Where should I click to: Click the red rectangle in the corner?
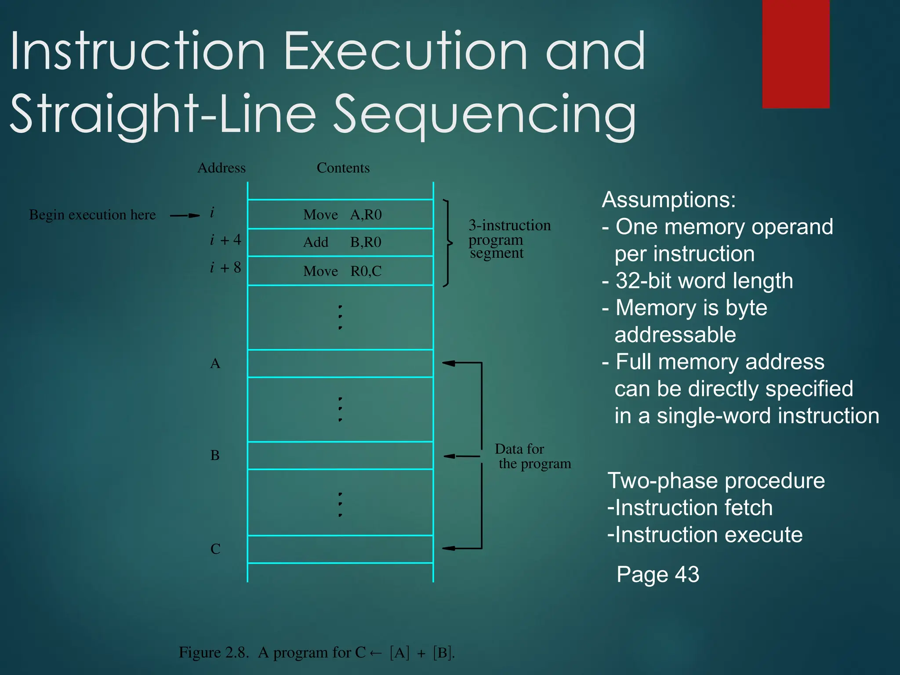click(795, 54)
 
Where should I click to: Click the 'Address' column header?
click(221, 168)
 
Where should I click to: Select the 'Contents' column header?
click(343, 168)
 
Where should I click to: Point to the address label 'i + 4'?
click(225, 240)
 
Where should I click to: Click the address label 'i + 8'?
click(225, 268)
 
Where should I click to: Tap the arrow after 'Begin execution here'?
click(185, 215)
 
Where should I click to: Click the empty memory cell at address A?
click(341, 363)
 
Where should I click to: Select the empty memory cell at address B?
click(341, 455)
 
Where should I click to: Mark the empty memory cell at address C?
click(341, 549)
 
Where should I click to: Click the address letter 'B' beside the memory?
click(215, 455)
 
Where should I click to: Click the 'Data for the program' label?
click(532, 456)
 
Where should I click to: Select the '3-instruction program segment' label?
click(509, 239)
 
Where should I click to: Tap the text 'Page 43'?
click(657, 574)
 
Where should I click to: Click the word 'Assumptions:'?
click(668, 200)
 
